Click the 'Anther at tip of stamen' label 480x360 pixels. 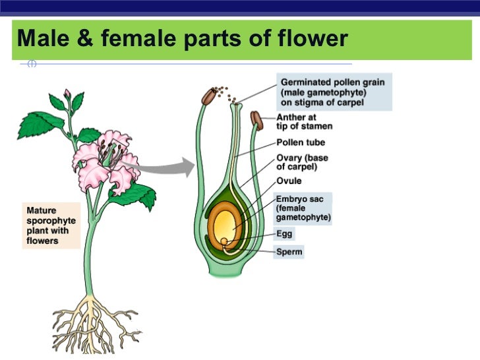(304, 122)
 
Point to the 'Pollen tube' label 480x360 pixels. (301, 142)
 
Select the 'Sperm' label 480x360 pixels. (289, 252)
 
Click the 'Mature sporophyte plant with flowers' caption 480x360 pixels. (51, 225)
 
